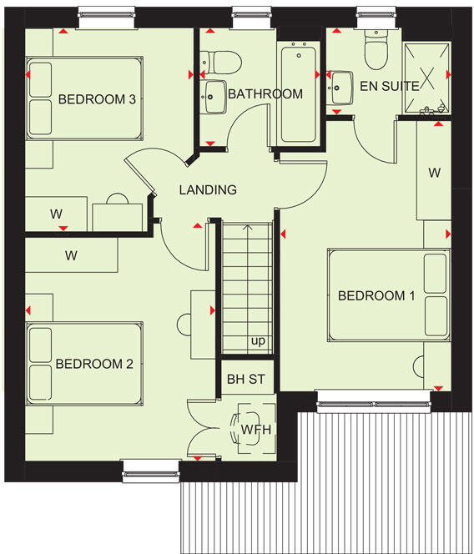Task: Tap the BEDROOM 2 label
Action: pos(94,364)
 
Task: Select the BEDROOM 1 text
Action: pos(376,295)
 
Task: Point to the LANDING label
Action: pos(208,189)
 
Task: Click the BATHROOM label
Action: pos(265,93)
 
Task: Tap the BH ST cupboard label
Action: pos(245,380)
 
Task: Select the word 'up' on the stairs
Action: pos(258,341)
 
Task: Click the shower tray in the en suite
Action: pos(426,78)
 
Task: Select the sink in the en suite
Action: pos(340,86)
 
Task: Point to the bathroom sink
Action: pos(214,93)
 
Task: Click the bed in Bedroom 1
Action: pos(388,295)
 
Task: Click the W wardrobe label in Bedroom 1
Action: pos(434,174)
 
